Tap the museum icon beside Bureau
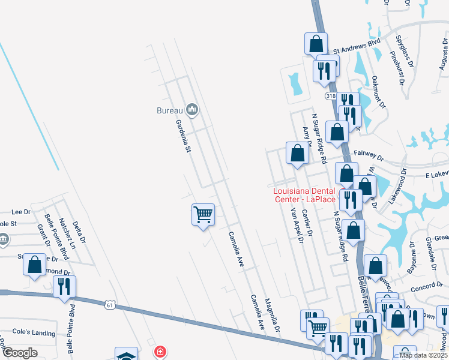point(192,109)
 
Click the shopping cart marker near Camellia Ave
point(203,214)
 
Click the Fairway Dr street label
point(368,154)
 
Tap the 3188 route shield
point(331,96)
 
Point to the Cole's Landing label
point(34,333)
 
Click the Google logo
point(19,353)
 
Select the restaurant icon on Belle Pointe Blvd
point(64,287)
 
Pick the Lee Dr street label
point(20,212)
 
